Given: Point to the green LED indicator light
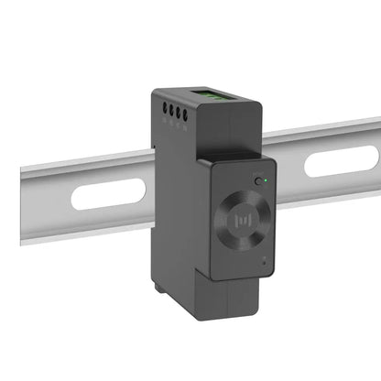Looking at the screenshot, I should (x=266, y=180).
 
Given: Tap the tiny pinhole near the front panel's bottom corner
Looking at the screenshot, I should (x=267, y=263).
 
